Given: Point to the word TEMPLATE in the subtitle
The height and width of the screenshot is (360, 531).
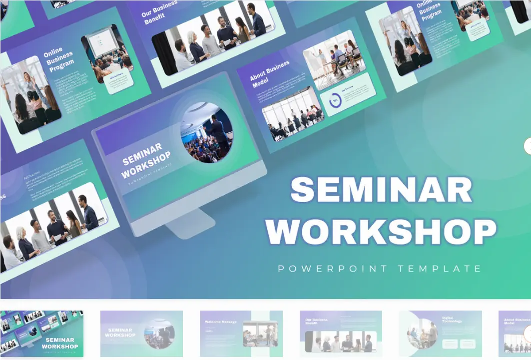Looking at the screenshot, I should point(440,269).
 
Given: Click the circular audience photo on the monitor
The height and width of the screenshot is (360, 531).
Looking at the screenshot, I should point(206,132).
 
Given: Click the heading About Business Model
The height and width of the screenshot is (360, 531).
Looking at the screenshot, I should point(270,74).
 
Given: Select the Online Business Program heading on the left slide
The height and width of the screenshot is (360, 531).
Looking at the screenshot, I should point(59,59).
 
